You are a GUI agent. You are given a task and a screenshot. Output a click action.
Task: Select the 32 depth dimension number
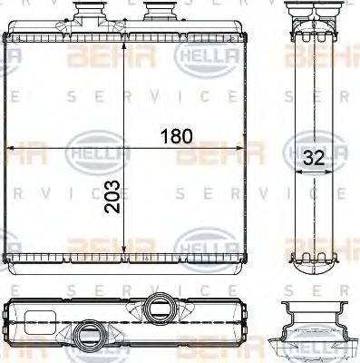pos(314,156)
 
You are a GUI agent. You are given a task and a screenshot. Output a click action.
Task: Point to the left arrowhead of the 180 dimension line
pos(11,148)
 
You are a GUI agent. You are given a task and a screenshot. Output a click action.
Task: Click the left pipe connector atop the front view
pos(91,15)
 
